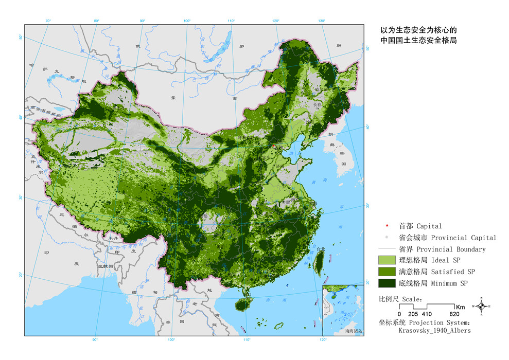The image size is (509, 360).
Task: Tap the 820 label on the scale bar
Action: pyautogui.click(x=454, y=314)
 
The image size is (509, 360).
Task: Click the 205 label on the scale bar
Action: pyautogui.click(x=413, y=314)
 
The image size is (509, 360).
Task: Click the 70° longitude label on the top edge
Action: pyautogui.click(x=48, y=21)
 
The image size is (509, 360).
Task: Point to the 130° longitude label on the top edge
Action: pyautogui.click(x=322, y=21)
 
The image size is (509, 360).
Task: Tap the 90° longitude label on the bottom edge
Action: pyautogui.click(x=95, y=340)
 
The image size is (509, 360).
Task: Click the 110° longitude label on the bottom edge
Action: pyautogui.click(x=246, y=340)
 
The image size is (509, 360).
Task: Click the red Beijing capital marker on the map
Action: pyautogui.click(x=274, y=147)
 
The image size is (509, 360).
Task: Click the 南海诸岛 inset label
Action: pyautogui.click(x=354, y=332)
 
